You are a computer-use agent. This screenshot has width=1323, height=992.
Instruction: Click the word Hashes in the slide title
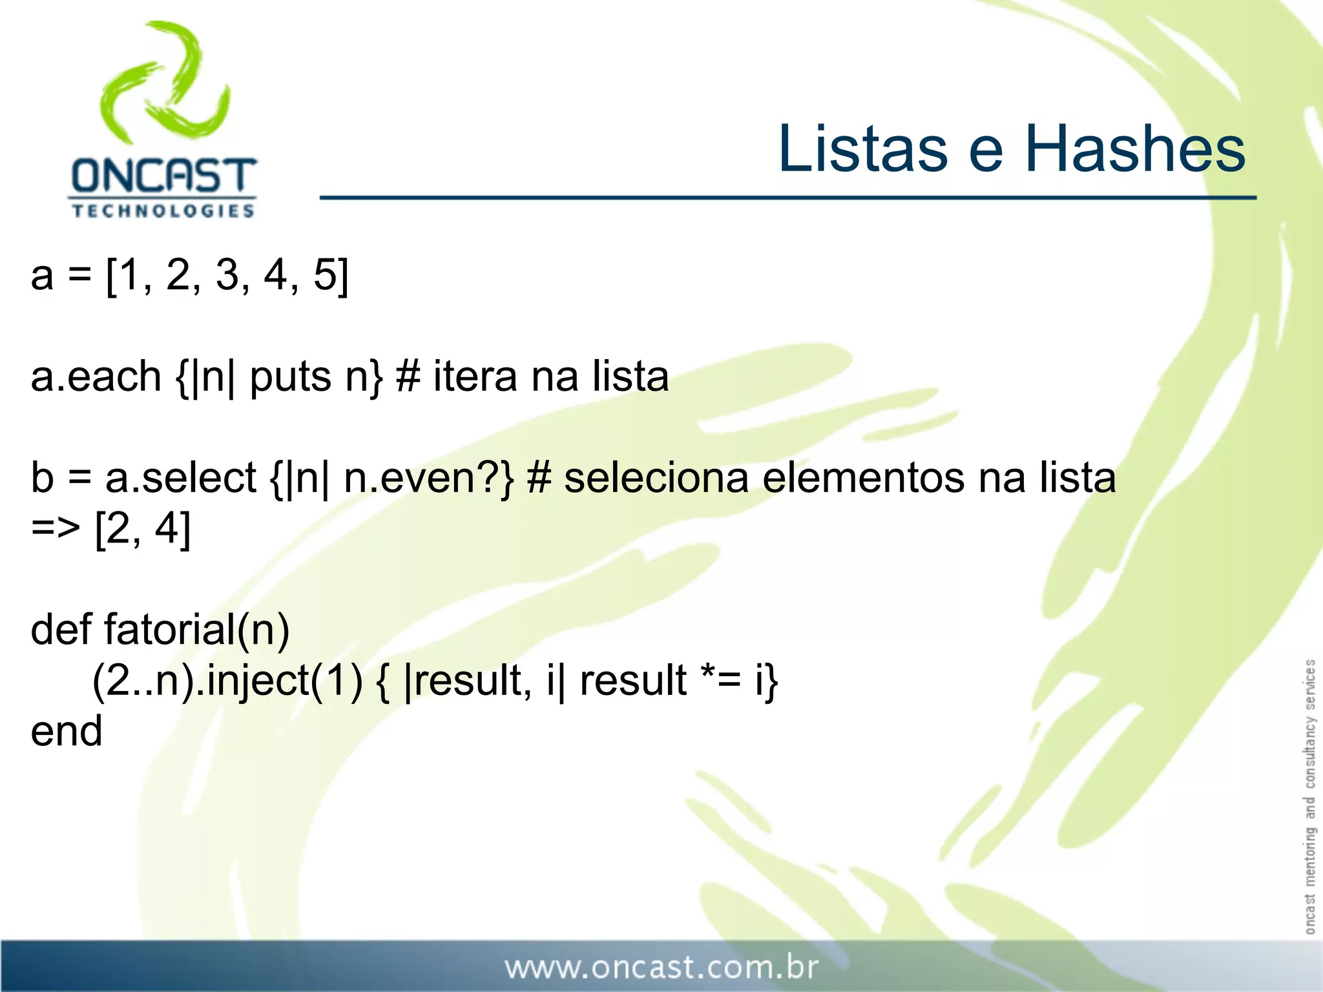tap(1135, 149)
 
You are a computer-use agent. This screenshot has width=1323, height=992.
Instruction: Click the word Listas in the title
tap(862, 149)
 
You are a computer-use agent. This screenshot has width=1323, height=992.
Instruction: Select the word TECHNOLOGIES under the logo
tap(163, 211)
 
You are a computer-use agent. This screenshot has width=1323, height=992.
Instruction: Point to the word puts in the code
tap(290, 378)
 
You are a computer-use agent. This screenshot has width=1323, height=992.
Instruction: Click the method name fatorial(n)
tap(197, 630)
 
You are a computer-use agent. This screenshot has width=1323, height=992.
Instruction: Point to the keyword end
tap(67, 731)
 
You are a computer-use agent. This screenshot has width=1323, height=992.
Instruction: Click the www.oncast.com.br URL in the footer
tap(661, 967)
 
